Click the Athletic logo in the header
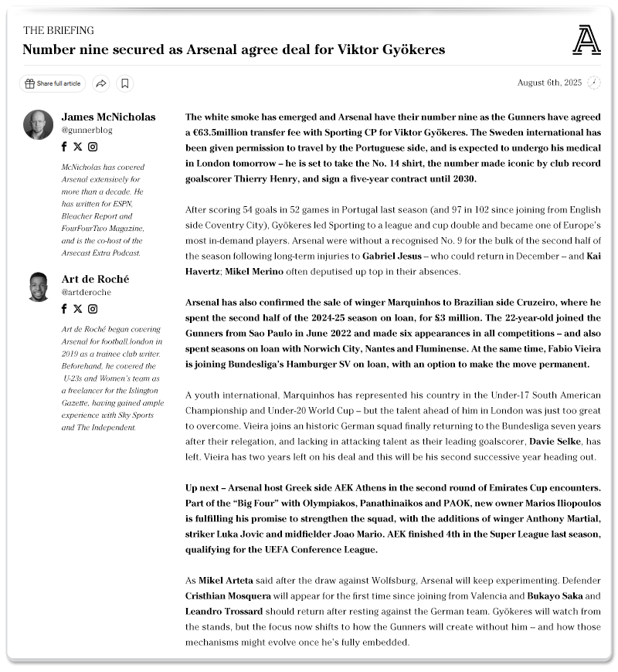coord(586,40)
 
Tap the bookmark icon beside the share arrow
coord(125,83)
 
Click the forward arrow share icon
coord(100,83)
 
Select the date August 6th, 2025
coord(549,83)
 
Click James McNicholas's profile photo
coord(39,125)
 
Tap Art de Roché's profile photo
coord(39,287)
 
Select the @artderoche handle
coord(86,293)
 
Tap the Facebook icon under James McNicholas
coord(64,147)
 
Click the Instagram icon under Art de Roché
coord(93,309)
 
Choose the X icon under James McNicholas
coord(77,147)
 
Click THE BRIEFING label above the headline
coord(59,30)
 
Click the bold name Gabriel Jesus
coord(394,255)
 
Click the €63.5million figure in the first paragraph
coord(226,132)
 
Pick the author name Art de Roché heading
coord(95,279)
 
